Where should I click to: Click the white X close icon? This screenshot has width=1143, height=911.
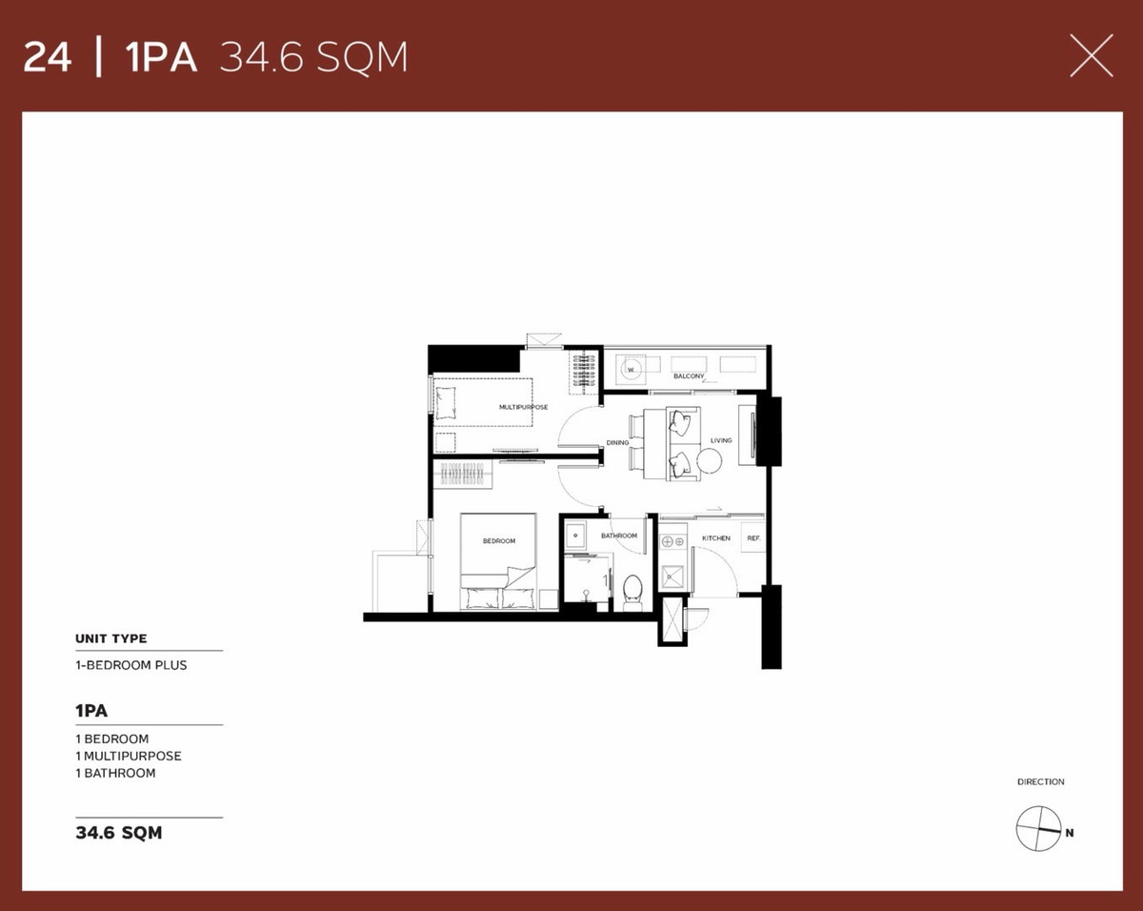tap(1091, 56)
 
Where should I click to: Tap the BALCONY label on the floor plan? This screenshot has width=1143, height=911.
tap(689, 376)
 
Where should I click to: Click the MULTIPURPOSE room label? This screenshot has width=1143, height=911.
tap(523, 407)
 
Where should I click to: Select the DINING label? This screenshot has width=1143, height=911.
tap(617, 443)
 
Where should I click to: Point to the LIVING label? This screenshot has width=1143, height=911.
tap(721, 440)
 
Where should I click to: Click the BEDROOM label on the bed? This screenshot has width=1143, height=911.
tap(499, 541)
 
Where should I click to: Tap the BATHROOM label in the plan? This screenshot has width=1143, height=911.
tap(619, 536)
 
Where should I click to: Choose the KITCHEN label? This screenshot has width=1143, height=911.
tap(716, 538)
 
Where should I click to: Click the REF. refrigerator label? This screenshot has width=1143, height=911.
tap(753, 538)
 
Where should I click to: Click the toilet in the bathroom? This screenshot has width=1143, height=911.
tap(632, 593)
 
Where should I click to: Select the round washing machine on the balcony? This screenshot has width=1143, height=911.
tap(632, 369)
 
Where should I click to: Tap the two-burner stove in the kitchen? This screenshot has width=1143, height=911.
tap(673, 542)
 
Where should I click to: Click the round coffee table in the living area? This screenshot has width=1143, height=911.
tap(709, 460)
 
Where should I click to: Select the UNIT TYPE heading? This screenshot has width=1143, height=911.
tap(111, 638)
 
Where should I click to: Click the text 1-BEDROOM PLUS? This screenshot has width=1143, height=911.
tap(131, 665)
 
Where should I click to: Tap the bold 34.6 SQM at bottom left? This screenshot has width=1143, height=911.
tap(119, 832)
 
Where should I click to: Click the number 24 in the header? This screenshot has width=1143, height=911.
tap(48, 57)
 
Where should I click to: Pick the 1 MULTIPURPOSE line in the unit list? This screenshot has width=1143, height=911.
tap(129, 756)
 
